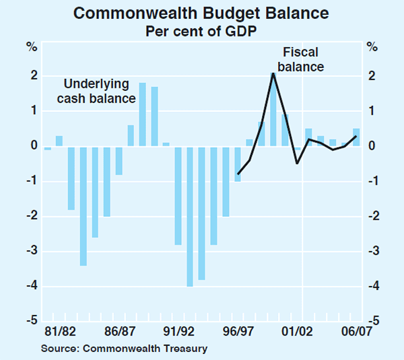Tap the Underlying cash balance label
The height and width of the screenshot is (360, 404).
tap(100, 92)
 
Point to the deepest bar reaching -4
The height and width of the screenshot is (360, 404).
tap(190, 216)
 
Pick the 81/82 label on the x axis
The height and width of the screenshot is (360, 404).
tap(60, 331)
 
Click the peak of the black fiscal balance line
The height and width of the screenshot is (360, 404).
tap(273, 73)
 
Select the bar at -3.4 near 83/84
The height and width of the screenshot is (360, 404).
tap(83, 206)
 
